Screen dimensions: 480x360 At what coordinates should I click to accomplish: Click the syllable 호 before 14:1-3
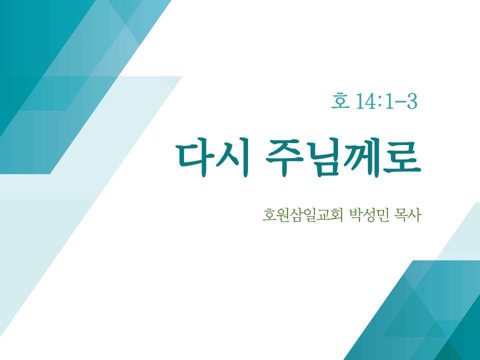(340, 101)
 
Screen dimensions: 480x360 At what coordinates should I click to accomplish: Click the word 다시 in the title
(213, 158)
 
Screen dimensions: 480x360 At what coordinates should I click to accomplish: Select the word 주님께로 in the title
(343, 158)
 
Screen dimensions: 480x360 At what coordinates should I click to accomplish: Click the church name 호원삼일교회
(302, 215)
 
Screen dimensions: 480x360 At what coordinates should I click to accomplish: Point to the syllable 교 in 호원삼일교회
(322, 215)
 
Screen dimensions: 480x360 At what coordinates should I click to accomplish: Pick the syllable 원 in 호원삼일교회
(282, 215)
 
